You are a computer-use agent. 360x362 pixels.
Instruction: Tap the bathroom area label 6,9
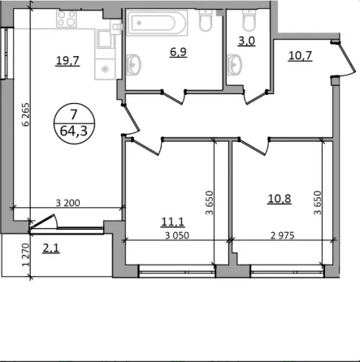176,51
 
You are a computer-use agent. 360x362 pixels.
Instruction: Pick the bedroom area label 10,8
281,197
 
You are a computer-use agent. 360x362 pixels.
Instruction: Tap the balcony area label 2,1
51,248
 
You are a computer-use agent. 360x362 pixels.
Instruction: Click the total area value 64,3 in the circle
72,127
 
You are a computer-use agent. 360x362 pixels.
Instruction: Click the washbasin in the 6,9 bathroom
133,63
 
